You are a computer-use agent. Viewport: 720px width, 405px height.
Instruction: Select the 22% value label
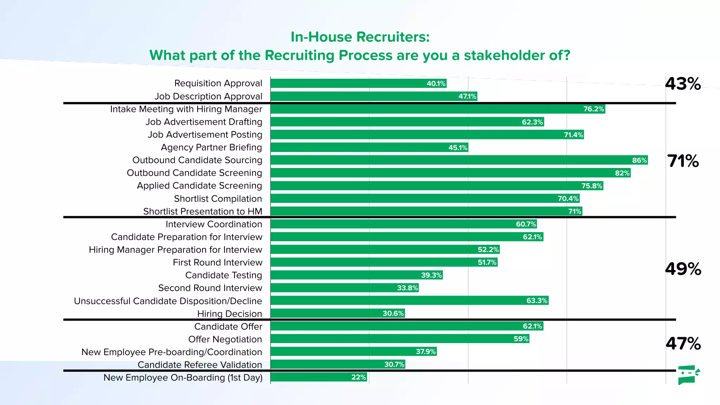(x=359, y=377)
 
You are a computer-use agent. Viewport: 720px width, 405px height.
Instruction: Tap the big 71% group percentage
(x=683, y=161)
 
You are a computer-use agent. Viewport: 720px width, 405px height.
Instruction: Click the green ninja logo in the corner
(x=688, y=375)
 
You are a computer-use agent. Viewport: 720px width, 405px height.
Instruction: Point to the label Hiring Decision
(x=229, y=314)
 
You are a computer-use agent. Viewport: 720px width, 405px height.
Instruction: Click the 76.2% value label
(x=593, y=109)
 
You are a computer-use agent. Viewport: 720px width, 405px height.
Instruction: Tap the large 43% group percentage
(x=683, y=84)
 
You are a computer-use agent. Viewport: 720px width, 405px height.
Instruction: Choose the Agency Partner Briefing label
(x=211, y=147)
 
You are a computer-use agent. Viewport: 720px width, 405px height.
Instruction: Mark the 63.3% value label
(x=536, y=301)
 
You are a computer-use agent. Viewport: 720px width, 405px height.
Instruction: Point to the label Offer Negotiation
(x=225, y=339)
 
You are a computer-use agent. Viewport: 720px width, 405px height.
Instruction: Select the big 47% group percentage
(x=683, y=343)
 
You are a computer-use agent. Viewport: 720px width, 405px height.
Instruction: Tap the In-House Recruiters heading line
(x=360, y=37)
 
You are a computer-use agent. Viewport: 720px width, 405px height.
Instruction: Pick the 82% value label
(x=622, y=173)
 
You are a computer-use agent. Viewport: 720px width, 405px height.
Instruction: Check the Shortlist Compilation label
(x=218, y=199)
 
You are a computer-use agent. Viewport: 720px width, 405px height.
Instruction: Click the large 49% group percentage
(x=683, y=269)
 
